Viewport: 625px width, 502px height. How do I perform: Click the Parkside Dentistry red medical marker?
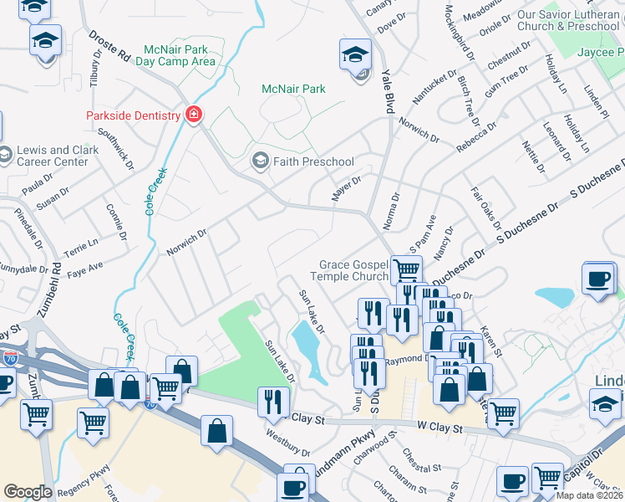point(194,115)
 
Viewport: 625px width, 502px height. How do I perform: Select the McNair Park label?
point(293,89)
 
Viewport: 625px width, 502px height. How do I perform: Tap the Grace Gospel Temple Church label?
point(349,270)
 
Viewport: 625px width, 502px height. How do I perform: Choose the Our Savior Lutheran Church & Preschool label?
point(568,20)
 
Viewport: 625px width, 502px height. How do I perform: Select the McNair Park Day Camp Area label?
point(175,55)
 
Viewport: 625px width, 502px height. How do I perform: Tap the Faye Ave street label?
point(85,268)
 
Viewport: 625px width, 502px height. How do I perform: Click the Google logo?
point(28,491)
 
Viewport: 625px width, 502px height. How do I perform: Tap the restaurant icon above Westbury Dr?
point(272,402)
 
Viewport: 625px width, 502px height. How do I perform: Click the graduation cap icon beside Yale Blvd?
point(355,55)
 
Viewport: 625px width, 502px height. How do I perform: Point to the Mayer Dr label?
point(346,183)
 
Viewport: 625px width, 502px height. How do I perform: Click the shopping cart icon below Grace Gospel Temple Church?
point(406,270)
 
